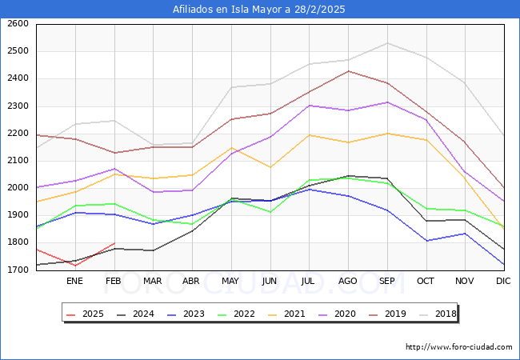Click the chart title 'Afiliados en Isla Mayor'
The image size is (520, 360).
(259, 10)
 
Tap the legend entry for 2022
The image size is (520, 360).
(243, 314)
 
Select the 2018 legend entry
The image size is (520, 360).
(445, 314)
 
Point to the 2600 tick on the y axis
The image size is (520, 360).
(18, 24)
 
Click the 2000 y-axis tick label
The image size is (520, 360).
(18, 188)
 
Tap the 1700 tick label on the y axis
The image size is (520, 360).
(18, 270)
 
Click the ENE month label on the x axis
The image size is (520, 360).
(74, 282)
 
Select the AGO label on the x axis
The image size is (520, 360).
(347, 282)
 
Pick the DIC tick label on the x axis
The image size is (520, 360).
(503, 282)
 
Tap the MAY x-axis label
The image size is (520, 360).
(230, 282)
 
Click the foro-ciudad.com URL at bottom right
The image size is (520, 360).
(458, 347)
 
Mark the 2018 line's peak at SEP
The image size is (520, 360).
(386, 43)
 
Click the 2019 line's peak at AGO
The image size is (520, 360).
(347, 71)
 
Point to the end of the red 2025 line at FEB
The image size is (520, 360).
(114, 243)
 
